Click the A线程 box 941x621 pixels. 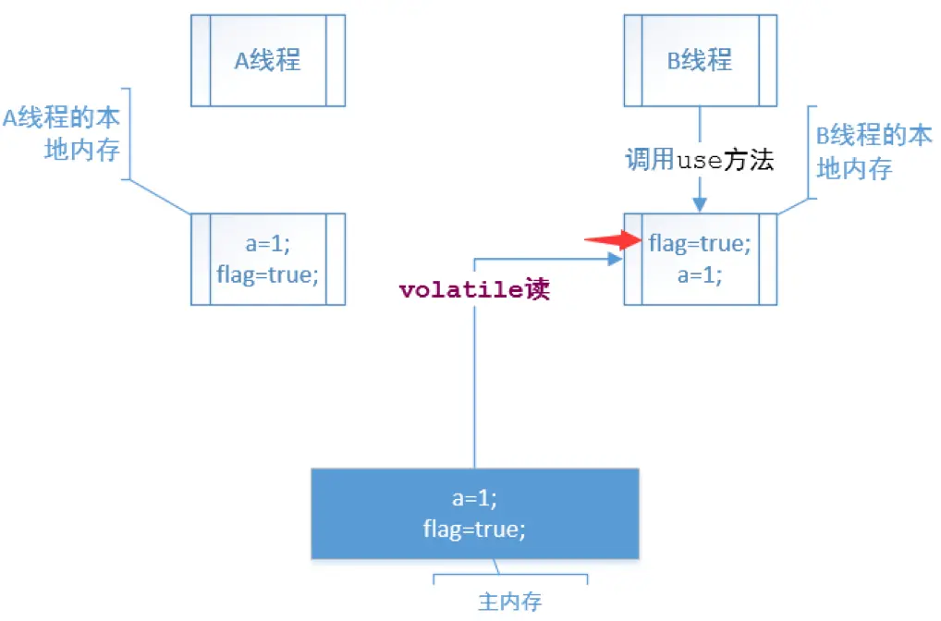[267, 60]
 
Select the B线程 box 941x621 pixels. [700, 60]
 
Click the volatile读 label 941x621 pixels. [474, 290]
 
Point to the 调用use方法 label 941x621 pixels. [700, 161]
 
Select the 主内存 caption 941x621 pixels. [509, 602]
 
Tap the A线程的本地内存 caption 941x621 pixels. [63, 134]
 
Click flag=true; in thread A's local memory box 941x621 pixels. [267, 274]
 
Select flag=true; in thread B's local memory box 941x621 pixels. [700, 244]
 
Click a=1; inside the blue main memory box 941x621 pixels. [474, 499]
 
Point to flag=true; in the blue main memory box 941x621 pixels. [474, 530]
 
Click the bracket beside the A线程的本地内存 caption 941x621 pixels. [129, 134]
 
